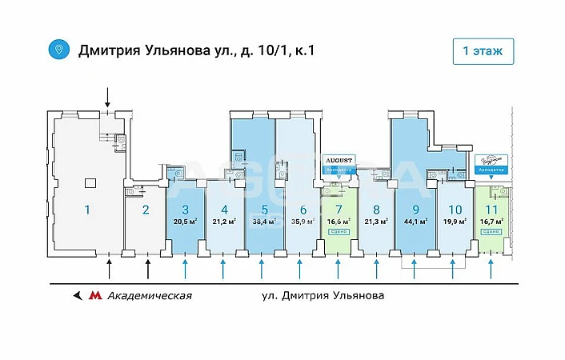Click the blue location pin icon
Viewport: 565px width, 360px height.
pyautogui.click(x=58, y=50)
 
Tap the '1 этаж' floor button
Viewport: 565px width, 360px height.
pyautogui.click(x=483, y=50)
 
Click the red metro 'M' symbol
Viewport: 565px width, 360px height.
pyautogui.click(x=95, y=295)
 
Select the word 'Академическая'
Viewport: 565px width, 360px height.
pyautogui.click(x=149, y=295)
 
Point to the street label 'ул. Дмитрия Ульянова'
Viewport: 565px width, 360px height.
pyautogui.click(x=323, y=295)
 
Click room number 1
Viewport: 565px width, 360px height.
pyautogui.click(x=87, y=210)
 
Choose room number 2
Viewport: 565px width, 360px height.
pyautogui.click(x=145, y=210)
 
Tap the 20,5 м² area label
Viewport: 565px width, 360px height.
pyautogui.click(x=185, y=222)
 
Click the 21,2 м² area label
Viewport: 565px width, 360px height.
pyautogui.click(x=224, y=222)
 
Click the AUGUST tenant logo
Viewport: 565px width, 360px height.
pyautogui.click(x=339, y=160)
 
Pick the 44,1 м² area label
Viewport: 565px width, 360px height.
pyautogui.click(x=415, y=222)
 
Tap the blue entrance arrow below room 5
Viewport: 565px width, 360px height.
pyautogui.click(x=262, y=268)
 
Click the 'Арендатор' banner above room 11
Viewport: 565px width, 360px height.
pyautogui.click(x=491, y=170)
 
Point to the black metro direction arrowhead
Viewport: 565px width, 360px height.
pyautogui.click(x=77, y=295)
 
